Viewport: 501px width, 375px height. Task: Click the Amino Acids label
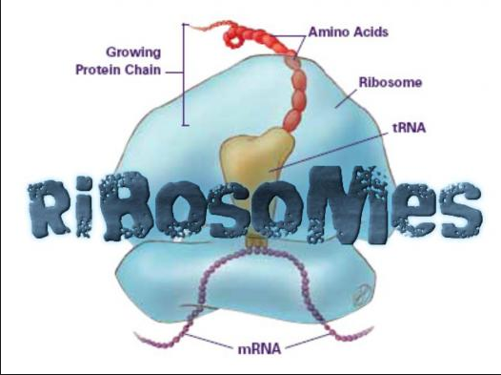(x=349, y=32)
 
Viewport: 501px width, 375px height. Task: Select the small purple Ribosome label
(x=390, y=83)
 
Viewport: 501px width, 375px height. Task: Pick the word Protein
(x=102, y=71)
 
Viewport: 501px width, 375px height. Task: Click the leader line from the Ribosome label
(x=347, y=95)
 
